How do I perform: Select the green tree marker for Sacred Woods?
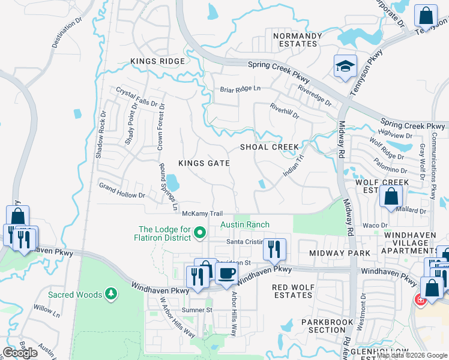pos(110,294)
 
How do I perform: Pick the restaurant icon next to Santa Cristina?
pos(274,248)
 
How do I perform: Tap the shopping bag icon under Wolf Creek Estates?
pos(391,197)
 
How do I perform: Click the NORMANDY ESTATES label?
pos(295,40)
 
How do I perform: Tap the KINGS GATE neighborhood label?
pos(204,163)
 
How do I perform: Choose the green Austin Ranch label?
pos(245,224)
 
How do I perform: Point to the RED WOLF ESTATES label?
pos(292,291)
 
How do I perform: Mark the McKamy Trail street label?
pos(202,214)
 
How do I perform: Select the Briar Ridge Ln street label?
pos(240,89)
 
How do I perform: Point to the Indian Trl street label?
pos(294,166)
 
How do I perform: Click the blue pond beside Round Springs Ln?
pos(172,181)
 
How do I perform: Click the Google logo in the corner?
pos(20,353)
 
